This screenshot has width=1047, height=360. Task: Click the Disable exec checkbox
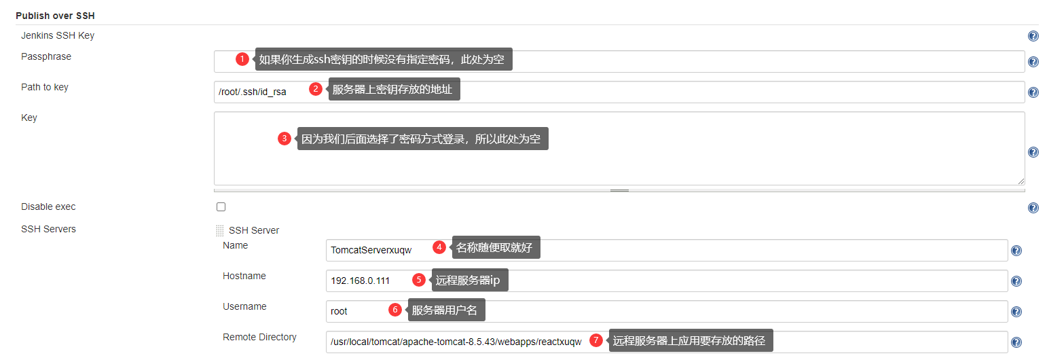click(221, 206)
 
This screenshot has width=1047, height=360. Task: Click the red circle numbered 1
click(242, 59)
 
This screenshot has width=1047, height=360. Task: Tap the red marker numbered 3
click(284, 139)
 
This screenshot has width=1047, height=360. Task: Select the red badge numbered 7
click(596, 340)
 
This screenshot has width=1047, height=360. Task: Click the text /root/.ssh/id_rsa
click(252, 92)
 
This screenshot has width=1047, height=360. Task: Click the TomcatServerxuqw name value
click(371, 250)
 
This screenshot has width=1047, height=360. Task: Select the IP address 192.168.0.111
click(360, 281)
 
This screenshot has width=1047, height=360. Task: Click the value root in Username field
click(339, 311)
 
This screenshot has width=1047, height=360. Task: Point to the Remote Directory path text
click(456, 342)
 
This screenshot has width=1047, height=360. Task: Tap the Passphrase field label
click(46, 56)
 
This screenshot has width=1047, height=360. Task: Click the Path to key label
click(45, 87)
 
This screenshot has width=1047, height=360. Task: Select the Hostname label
click(244, 276)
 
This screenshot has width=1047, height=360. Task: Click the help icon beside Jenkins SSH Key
click(1033, 36)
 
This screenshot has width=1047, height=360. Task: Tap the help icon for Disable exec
click(1033, 208)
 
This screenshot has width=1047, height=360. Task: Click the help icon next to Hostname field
click(1016, 281)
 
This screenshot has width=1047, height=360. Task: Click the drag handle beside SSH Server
click(219, 230)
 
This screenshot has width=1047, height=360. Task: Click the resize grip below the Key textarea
click(619, 190)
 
